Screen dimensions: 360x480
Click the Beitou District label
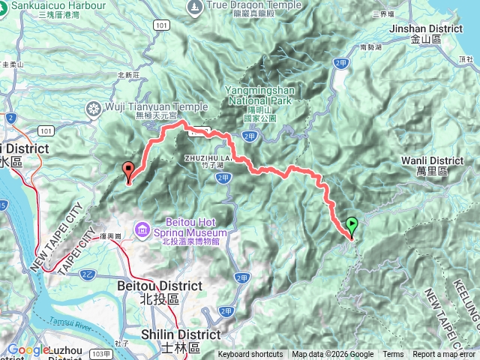coord(160,286)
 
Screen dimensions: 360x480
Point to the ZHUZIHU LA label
coord(203,157)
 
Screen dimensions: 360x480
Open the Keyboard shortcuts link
coord(250,355)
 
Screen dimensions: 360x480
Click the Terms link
coord(393,355)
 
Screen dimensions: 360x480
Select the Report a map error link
coord(445,355)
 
